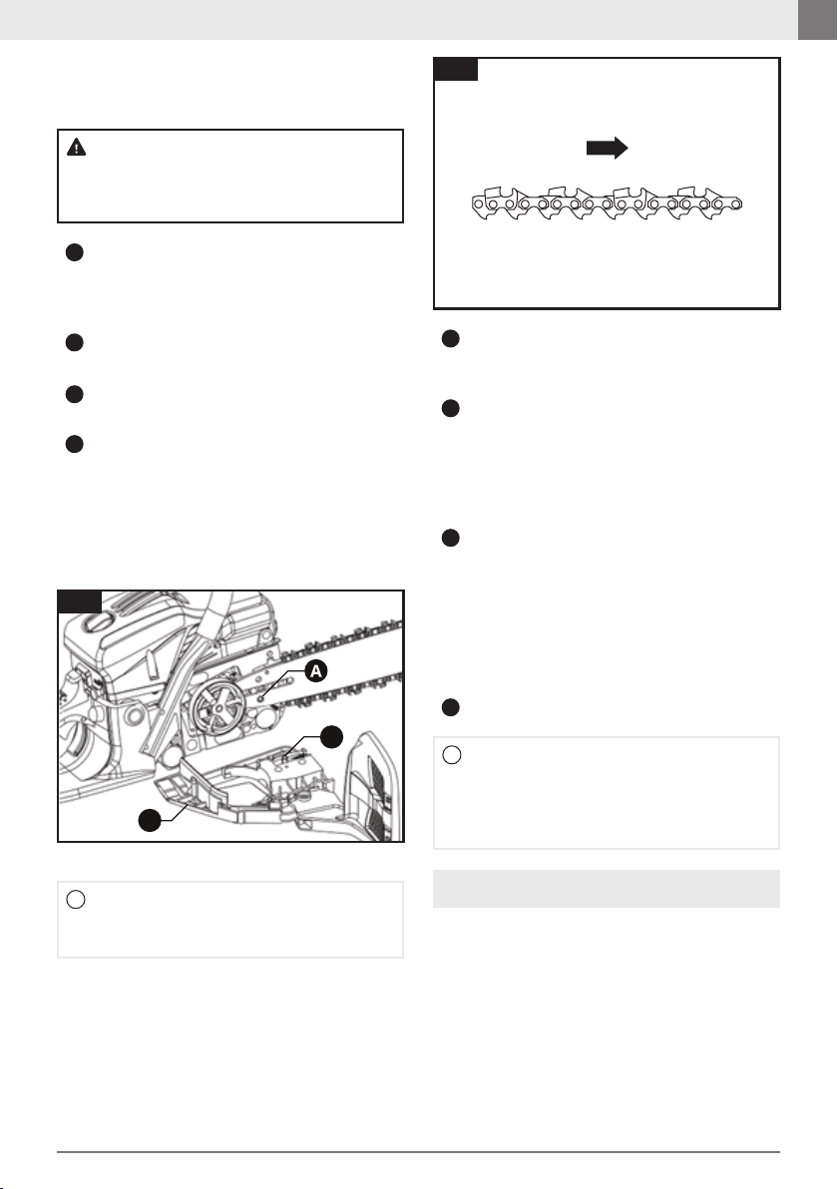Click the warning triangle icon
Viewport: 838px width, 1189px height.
(77, 147)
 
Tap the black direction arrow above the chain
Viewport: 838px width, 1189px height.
(607, 148)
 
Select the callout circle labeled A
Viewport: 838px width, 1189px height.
(315, 670)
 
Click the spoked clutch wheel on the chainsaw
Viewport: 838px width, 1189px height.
(217, 710)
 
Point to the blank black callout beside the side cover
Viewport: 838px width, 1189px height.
(331, 736)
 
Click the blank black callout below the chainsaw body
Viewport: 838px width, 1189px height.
(150, 820)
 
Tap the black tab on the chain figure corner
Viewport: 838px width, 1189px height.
(456, 69)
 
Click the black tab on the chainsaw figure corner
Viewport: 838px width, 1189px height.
(80, 601)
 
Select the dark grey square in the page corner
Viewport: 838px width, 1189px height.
(817, 20)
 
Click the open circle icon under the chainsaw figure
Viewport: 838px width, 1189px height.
(76, 900)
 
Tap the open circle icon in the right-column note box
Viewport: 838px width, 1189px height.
(451, 755)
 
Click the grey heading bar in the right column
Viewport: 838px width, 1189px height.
(606, 889)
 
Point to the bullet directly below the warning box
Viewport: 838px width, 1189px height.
(74, 252)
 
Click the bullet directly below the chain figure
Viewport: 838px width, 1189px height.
(451, 339)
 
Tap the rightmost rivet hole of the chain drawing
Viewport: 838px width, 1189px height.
(735, 203)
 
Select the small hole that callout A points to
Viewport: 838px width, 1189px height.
(260, 696)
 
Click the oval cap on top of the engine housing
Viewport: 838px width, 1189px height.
(97, 624)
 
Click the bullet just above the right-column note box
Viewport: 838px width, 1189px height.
(451, 707)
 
